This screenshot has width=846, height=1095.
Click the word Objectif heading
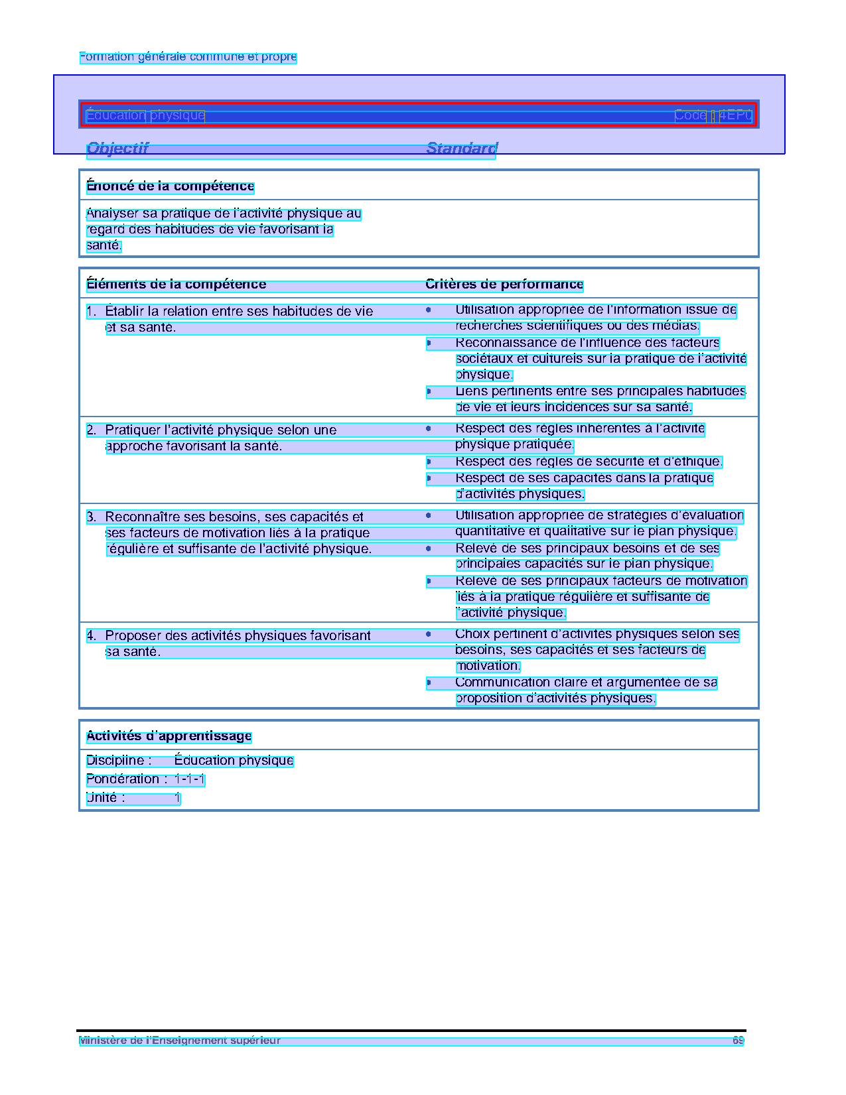point(117,148)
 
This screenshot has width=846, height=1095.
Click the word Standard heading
point(462,148)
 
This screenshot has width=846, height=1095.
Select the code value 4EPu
point(735,115)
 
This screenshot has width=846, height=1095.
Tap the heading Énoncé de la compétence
point(170,186)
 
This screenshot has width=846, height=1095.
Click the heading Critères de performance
point(504,284)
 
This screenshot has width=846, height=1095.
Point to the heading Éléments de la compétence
point(176,284)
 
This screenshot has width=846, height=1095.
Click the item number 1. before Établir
point(92,311)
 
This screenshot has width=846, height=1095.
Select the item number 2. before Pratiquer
point(92,430)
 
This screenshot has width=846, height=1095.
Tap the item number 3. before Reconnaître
point(92,517)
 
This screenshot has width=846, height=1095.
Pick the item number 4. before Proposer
point(92,635)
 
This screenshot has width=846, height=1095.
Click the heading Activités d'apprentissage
point(169,736)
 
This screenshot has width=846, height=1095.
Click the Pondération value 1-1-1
point(190,779)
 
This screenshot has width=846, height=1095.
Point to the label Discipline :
point(119,760)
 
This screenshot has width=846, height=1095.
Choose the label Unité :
point(106,798)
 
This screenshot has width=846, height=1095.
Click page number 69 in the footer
point(738,1041)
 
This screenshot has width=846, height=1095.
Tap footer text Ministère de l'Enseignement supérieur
point(179,1041)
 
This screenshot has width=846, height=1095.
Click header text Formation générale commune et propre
point(188,57)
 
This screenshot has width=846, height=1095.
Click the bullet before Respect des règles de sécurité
point(429,462)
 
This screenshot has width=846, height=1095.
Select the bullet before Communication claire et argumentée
point(429,682)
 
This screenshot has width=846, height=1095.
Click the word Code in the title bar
point(690,115)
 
